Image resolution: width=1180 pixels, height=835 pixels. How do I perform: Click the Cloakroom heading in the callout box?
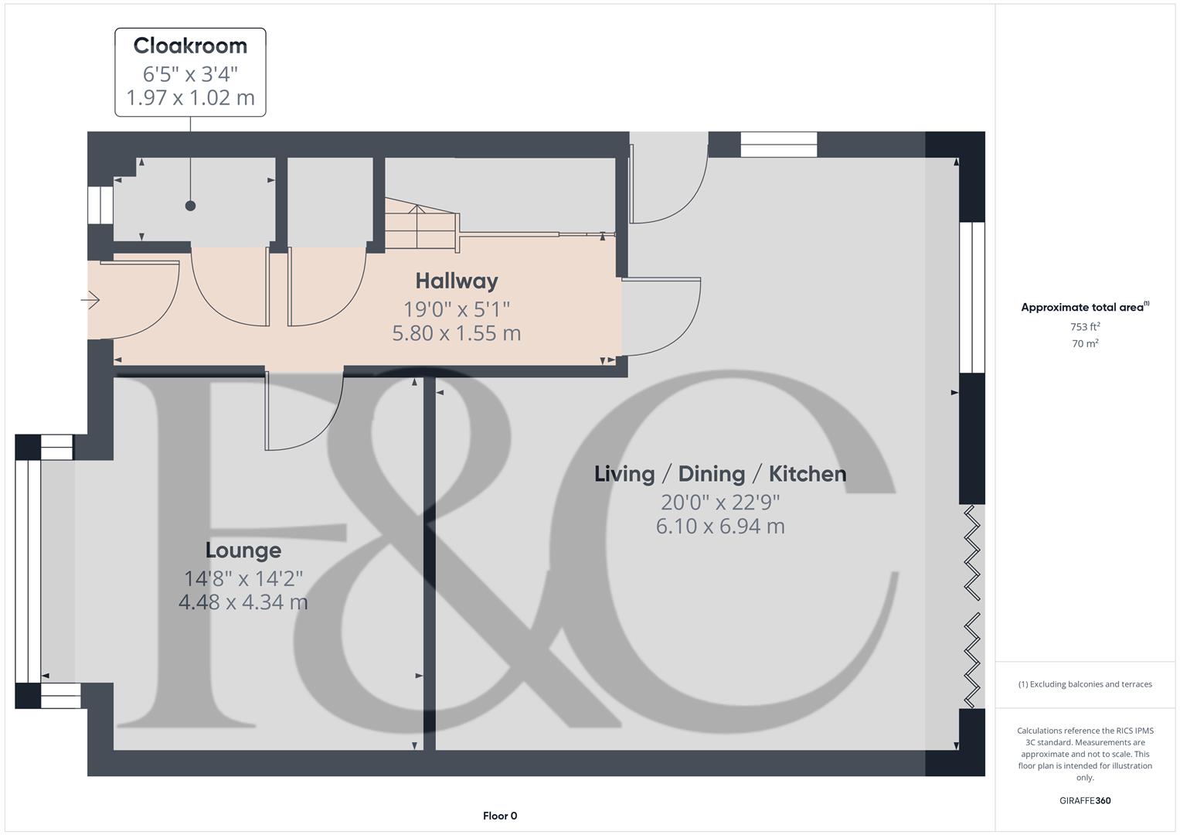click(190, 46)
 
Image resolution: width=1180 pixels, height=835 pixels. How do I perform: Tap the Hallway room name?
click(457, 281)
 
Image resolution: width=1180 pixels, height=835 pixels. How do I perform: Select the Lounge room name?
click(243, 550)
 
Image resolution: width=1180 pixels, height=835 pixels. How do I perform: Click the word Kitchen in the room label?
click(808, 474)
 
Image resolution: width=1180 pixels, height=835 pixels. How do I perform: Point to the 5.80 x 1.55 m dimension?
click(457, 333)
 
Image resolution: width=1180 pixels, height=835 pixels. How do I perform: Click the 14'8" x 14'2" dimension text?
click(243, 578)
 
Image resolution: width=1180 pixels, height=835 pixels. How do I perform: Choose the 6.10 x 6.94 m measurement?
click(720, 527)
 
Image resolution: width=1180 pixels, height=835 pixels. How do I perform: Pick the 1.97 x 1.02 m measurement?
click(190, 98)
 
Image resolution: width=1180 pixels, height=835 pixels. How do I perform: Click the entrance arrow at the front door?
click(91, 299)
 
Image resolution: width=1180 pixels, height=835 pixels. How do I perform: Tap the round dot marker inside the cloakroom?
click(190, 206)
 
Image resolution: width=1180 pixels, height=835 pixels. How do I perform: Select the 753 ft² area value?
click(1085, 327)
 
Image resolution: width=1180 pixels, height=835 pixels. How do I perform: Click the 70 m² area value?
click(1085, 344)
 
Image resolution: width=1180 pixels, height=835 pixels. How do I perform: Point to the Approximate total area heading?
click(1084, 308)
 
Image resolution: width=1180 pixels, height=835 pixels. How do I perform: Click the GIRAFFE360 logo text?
click(1085, 801)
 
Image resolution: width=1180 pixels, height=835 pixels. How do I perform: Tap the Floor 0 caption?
click(500, 816)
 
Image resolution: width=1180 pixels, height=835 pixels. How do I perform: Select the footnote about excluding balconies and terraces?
click(1085, 684)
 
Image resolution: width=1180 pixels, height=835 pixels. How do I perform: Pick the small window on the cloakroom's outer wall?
click(100, 205)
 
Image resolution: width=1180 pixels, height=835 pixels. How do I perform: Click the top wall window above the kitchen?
click(779, 144)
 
